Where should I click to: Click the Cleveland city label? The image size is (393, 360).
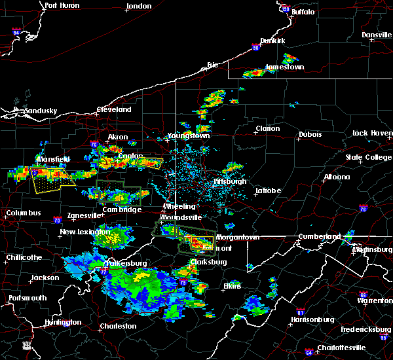114,110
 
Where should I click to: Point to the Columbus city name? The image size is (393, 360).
24,213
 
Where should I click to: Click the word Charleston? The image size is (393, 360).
118,326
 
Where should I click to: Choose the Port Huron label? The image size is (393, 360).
62,5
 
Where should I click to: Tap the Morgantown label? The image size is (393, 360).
240,237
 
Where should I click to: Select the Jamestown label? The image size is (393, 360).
284,67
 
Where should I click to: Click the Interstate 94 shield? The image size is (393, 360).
18,31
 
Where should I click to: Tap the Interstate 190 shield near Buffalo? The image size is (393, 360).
285,9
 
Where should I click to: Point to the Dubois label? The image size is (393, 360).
310,134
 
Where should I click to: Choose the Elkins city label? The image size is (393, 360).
232,286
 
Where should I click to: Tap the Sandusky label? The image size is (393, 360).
41,111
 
